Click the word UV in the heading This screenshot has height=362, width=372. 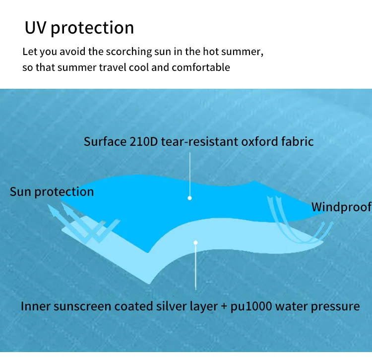click(x=36, y=27)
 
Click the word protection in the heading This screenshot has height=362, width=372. click(x=92, y=28)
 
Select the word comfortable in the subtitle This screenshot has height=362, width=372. click(x=201, y=67)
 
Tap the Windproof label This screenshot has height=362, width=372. click(x=341, y=207)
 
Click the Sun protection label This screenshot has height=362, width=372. click(x=52, y=192)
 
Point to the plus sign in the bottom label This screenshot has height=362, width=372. click(x=224, y=306)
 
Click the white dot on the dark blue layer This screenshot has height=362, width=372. click(x=189, y=198)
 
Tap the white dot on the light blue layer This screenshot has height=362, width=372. click(x=196, y=243)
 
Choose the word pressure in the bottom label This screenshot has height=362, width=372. click(x=335, y=306)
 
